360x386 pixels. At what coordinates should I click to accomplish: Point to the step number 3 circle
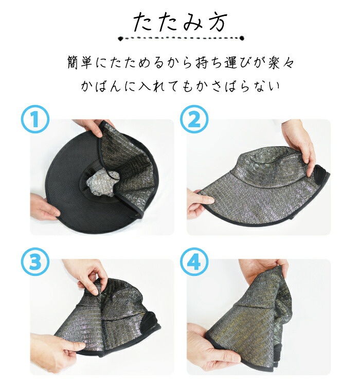click(35, 262)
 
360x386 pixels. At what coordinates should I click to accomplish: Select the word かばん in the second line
click(101, 85)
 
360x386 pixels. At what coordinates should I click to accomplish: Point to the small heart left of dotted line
click(120, 38)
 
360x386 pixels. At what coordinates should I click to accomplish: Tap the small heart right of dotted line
click(240, 38)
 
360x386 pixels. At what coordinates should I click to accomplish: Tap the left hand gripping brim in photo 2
click(196, 203)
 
